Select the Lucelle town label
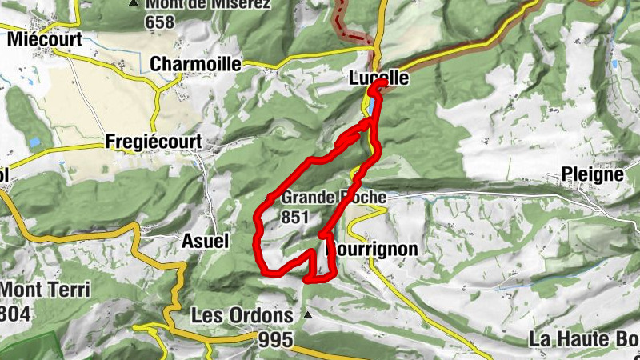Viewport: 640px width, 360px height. pyautogui.click(x=378, y=78)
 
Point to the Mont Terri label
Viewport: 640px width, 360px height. pyautogui.click(x=45, y=290)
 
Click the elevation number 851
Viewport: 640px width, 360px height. pyautogui.click(x=295, y=217)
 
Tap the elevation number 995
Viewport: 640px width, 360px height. pyautogui.click(x=276, y=340)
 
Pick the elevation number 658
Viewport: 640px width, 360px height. pyautogui.click(x=160, y=22)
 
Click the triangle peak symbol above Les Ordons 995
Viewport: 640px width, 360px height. pyautogui.click(x=306, y=315)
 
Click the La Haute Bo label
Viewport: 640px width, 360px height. pyautogui.click(x=583, y=339)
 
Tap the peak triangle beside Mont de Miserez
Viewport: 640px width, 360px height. pyautogui.click(x=134, y=3)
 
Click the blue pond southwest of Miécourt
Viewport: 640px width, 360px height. pyautogui.click(x=34, y=142)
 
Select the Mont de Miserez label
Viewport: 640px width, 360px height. pyautogui.click(x=208, y=4)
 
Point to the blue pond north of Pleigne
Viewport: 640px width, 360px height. pyautogui.click(x=615, y=64)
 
